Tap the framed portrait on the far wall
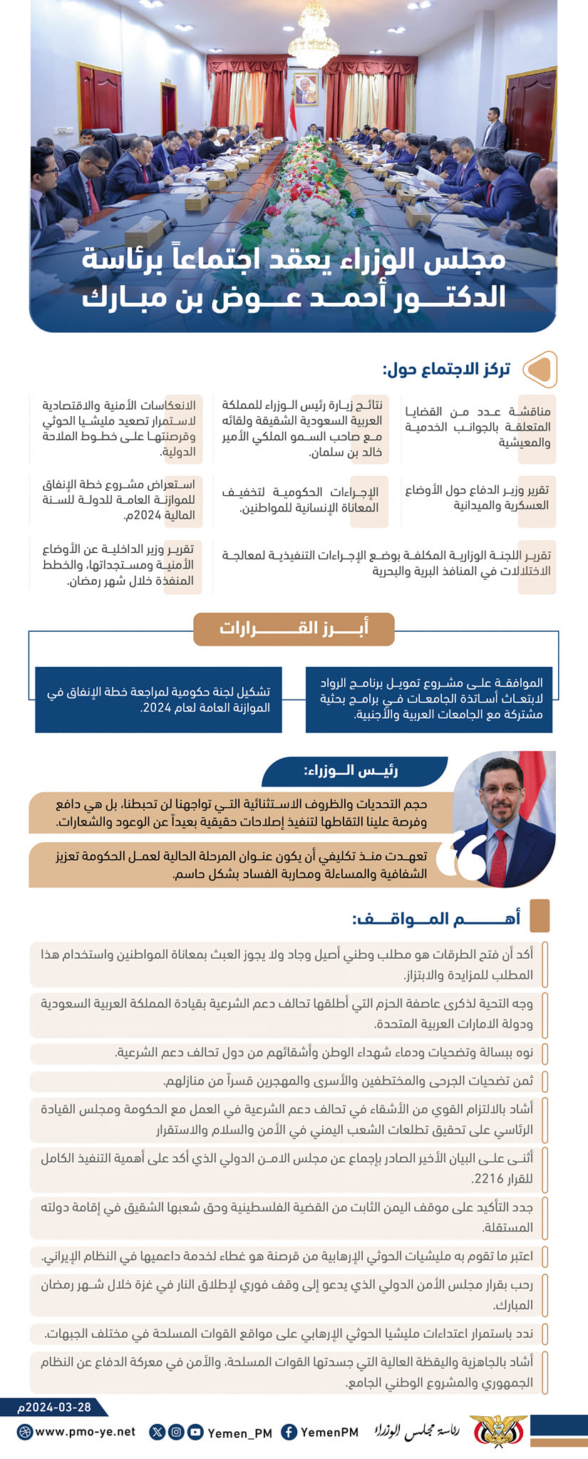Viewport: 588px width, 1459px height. (x=306, y=89)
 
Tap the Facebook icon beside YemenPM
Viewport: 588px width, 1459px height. (x=289, y=1432)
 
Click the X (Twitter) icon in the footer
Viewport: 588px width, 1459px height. (x=158, y=1431)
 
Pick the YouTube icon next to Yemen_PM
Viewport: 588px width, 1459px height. (x=194, y=1431)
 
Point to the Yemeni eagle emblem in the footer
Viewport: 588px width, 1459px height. (x=499, y=1431)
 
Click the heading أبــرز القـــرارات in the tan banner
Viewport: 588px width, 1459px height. (x=294, y=628)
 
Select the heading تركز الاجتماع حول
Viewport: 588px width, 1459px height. (x=447, y=369)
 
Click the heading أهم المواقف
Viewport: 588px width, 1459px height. (x=436, y=918)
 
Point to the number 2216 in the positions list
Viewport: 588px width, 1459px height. (x=489, y=1178)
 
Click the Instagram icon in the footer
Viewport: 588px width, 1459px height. (x=175, y=1431)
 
